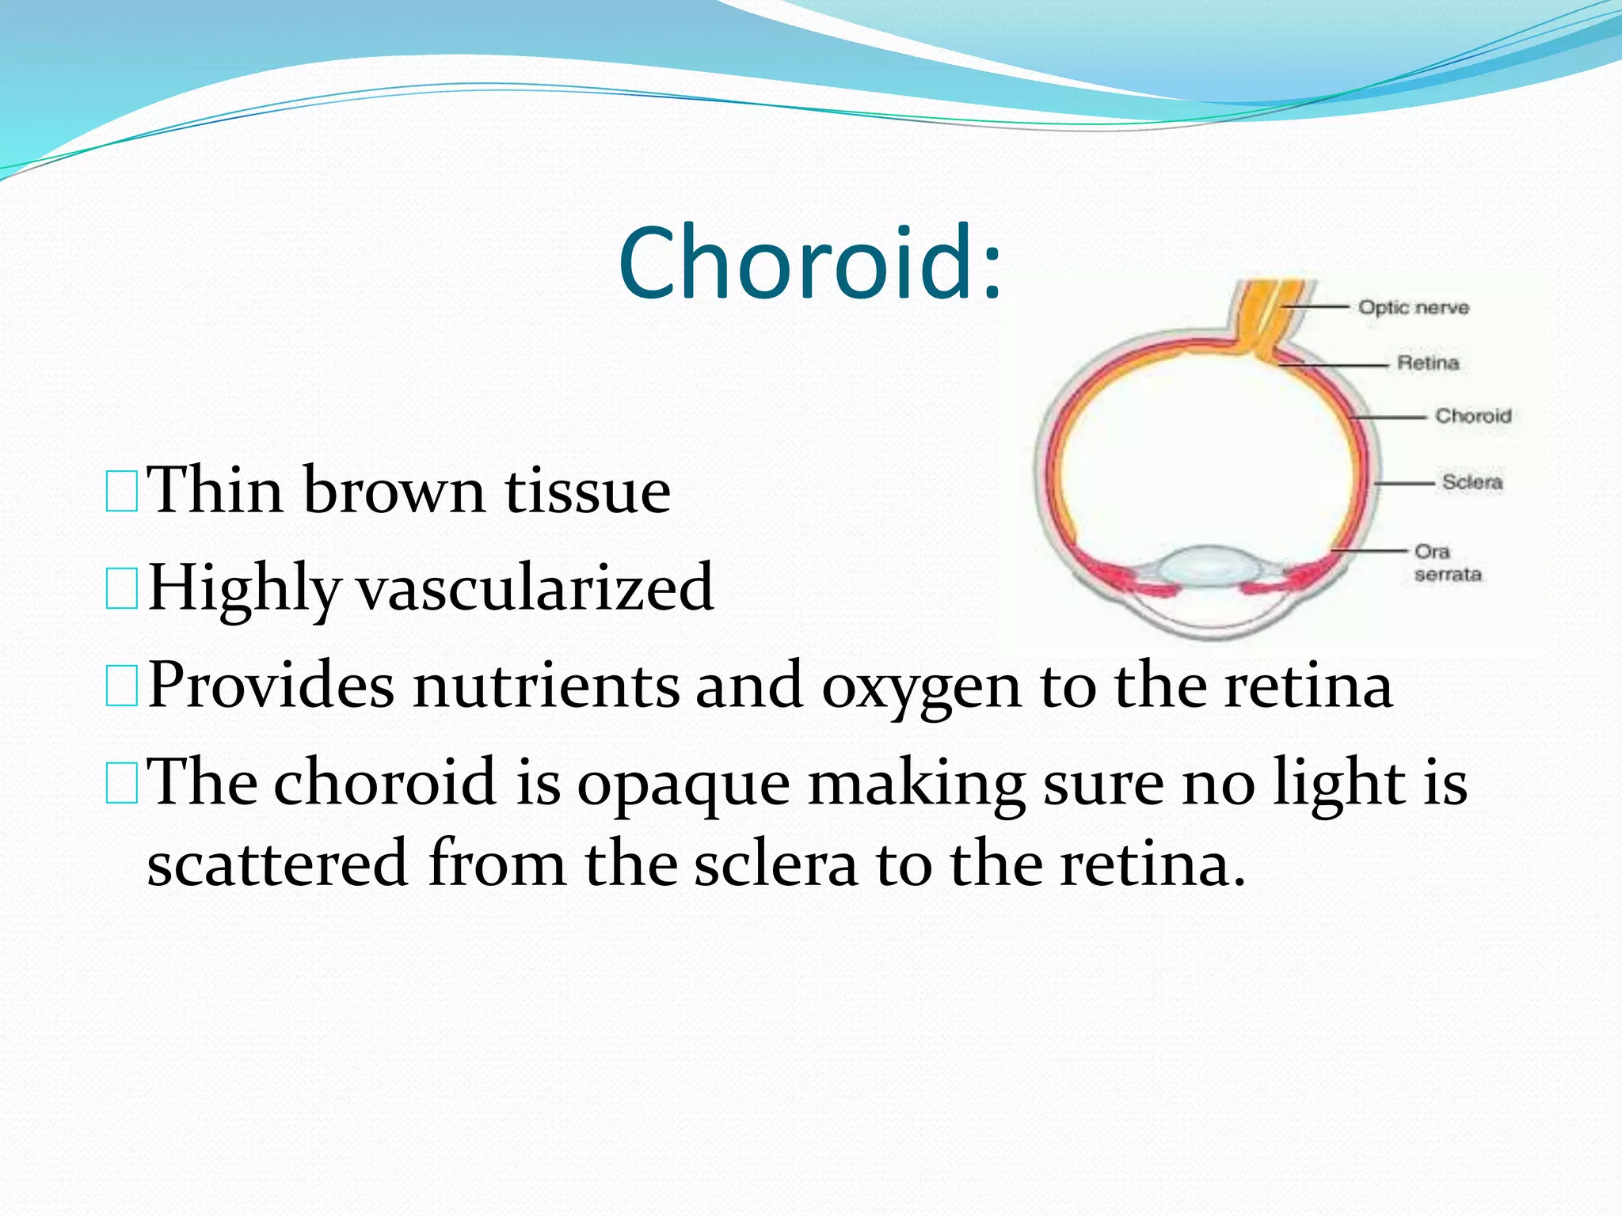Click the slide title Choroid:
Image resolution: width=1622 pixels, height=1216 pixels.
809,263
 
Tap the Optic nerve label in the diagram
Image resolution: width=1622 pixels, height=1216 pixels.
1414,307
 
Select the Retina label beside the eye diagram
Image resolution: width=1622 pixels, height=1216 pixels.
1428,363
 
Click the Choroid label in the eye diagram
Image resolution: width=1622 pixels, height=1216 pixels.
1473,416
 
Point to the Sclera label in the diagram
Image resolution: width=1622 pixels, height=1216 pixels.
1472,481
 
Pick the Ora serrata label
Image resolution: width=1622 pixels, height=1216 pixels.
1446,562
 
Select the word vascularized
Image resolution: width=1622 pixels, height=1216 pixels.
535,588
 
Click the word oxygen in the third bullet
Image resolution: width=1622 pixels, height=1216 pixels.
921,686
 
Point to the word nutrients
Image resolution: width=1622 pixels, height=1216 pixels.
546,686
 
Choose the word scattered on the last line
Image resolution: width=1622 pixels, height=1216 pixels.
277,864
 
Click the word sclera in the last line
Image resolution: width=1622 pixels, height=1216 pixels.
775,864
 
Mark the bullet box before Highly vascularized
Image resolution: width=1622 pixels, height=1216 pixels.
121,589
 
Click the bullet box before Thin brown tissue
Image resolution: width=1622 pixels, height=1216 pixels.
121,491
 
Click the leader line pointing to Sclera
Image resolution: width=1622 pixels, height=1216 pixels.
1403,482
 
